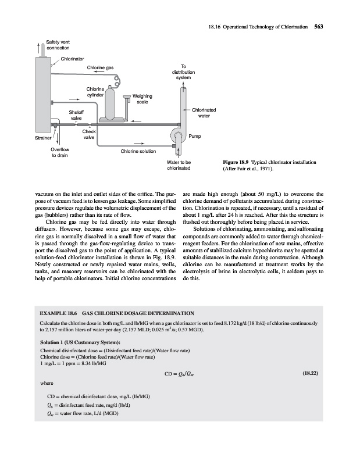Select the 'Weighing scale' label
point(142,99)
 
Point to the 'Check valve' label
point(88,135)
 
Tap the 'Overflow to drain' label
point(59,152)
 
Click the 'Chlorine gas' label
point(100,68)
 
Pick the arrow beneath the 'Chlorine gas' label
point(99,74)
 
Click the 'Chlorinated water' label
point(204,113)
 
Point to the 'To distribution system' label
point(183,72)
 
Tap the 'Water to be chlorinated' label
point(178,166)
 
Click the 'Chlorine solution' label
point(138,152)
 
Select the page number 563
point(319,26)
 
